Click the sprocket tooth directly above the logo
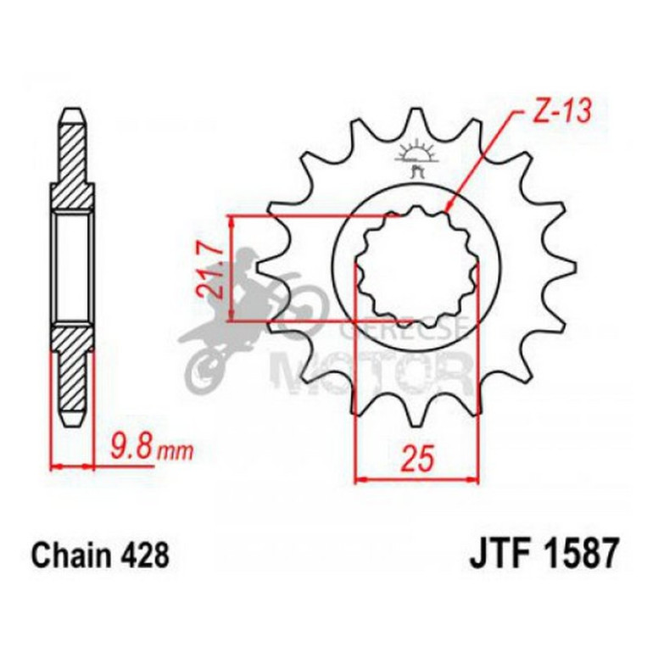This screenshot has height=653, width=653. coord(416,121)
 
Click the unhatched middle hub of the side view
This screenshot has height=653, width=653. coord(73,267)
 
